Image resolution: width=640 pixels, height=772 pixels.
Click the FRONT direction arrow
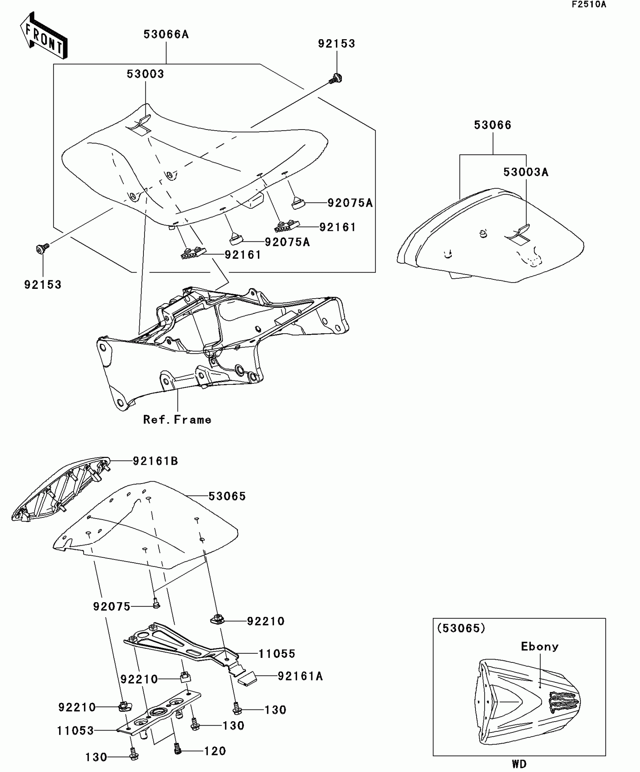pyautogui.click(x=44, y=36)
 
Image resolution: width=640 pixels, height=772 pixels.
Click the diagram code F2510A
pyautogui.click(x=589, y=5)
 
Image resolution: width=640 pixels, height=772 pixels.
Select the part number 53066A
pyautogui.click(x=166, y=35)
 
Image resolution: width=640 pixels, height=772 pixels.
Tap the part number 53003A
pyautogui.click(x=526, y=172)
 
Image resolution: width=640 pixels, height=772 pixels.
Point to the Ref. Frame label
pyautogui.click(x=177, y=420)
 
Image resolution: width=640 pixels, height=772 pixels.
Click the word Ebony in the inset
pyautogui.click(x=539, y=647)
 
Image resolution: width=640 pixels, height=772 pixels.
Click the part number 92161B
pyautogui.click(x=155, y=461)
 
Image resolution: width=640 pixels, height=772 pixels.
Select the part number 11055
pyautogui.click(x=277, y=654)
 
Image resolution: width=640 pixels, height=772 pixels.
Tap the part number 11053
pyautogui.click(x=75, y=731)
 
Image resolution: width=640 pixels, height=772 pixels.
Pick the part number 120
pyautogui.click(x=215, y=751)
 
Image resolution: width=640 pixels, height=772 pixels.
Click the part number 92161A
pyautogui.click(x=300, y=676)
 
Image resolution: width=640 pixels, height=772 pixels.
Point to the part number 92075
pyautogui.click(x=111, y=607)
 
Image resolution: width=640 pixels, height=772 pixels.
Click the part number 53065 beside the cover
pyautogui.click(x=227, y=496)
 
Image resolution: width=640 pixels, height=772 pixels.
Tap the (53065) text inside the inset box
pyautogui.click(x=461, y=628)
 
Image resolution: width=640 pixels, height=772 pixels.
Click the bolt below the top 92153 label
pyautogui.click(x=335, y=79)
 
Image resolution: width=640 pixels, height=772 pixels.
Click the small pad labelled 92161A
pyautogui.click(x=247, y=679)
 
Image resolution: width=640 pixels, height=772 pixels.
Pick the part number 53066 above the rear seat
pyautogui.click(x=492, y=125)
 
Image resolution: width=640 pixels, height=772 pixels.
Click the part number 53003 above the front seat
pyautogui.click(x=145, y=74)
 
